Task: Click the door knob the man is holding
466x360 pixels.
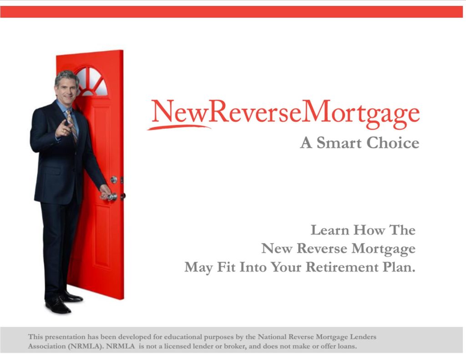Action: coord(112,197)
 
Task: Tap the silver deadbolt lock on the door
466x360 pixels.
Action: coord(114,179)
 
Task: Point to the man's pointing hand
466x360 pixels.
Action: coord(64,128)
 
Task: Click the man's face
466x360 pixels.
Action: coord(66,90)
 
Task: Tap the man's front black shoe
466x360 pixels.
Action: coord(58,305)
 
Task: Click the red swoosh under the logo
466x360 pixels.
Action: coord(179,127)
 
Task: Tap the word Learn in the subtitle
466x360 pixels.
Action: coord(329,230)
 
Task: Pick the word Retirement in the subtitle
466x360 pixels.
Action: coord(342,267)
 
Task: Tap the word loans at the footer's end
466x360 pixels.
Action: coord(347,346)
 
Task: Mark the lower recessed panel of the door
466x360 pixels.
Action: coord(102,236)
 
